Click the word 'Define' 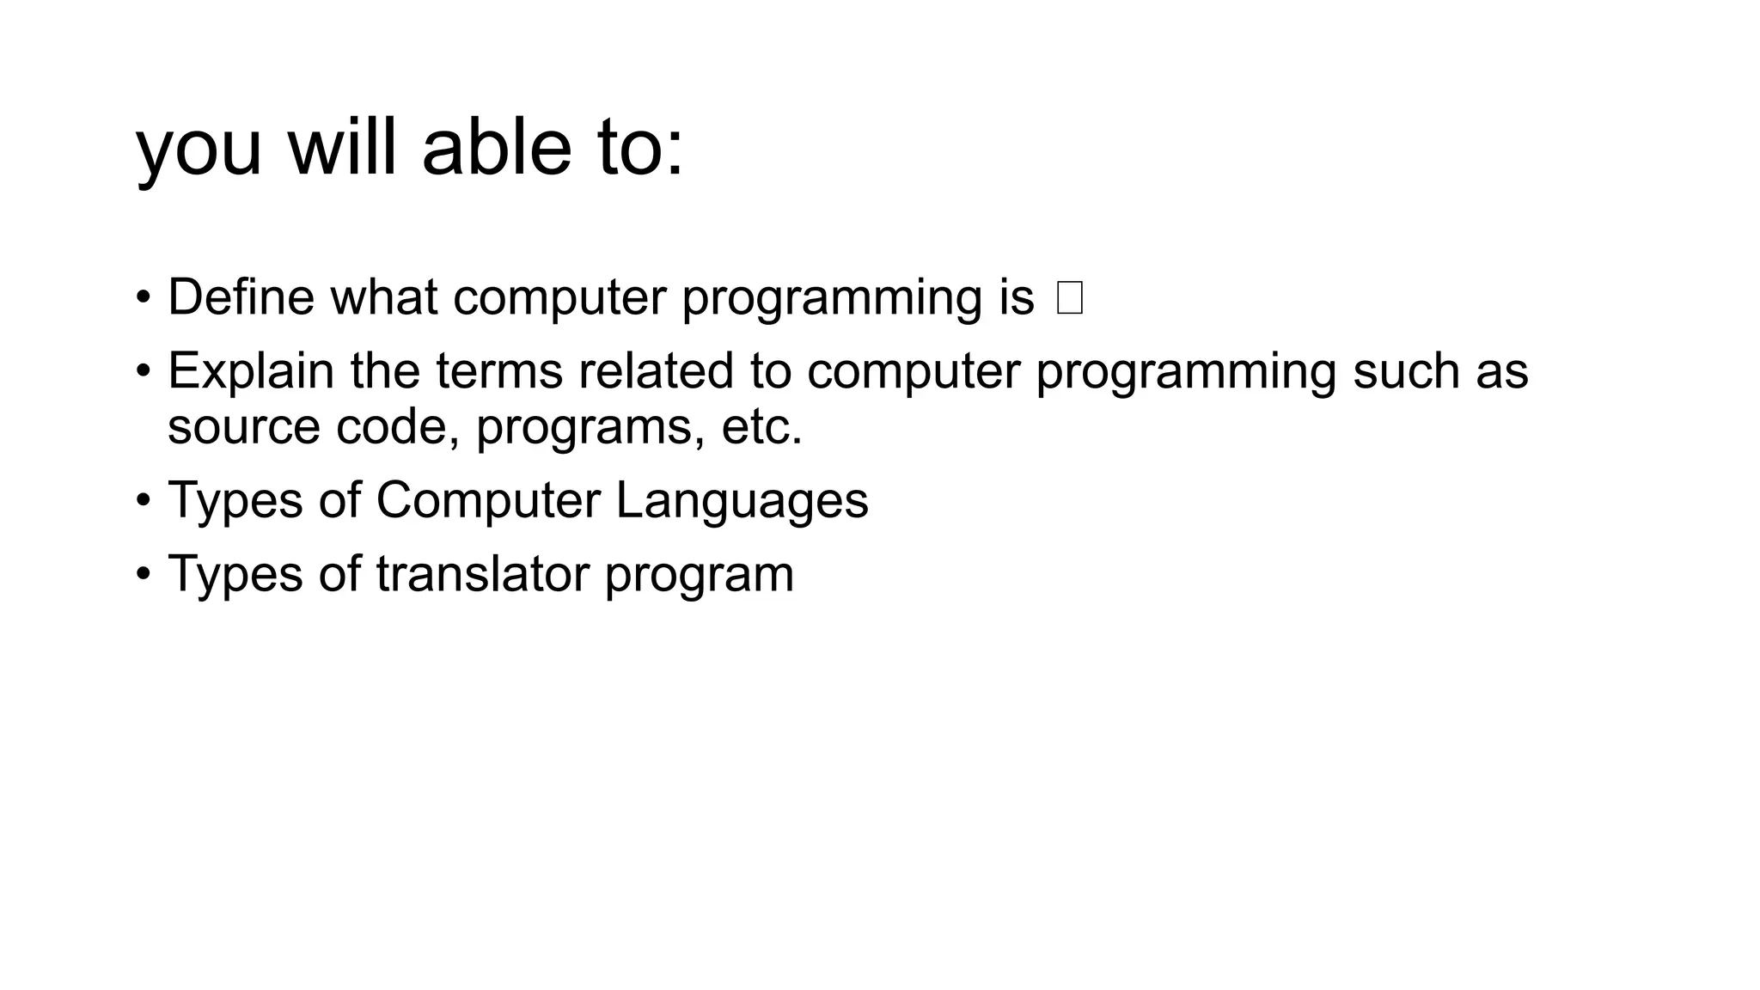tap(241, 297)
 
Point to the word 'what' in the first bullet tap(383, 297)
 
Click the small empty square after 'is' tap(1070, 298)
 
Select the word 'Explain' tap(250, 371)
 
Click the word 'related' tap(656, 371)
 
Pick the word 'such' tap(1405, 371)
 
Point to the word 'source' tap(243, 426)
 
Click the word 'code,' tap(398, 426)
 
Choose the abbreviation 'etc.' tap(761, 426)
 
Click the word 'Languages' tap(742, 500)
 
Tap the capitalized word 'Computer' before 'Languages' tap(488, 500)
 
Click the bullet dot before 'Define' tap(143, 298)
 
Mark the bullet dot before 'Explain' tap(143, 372)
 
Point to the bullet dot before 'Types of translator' tap(143, 574)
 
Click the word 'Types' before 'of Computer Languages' tap(235, 500)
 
